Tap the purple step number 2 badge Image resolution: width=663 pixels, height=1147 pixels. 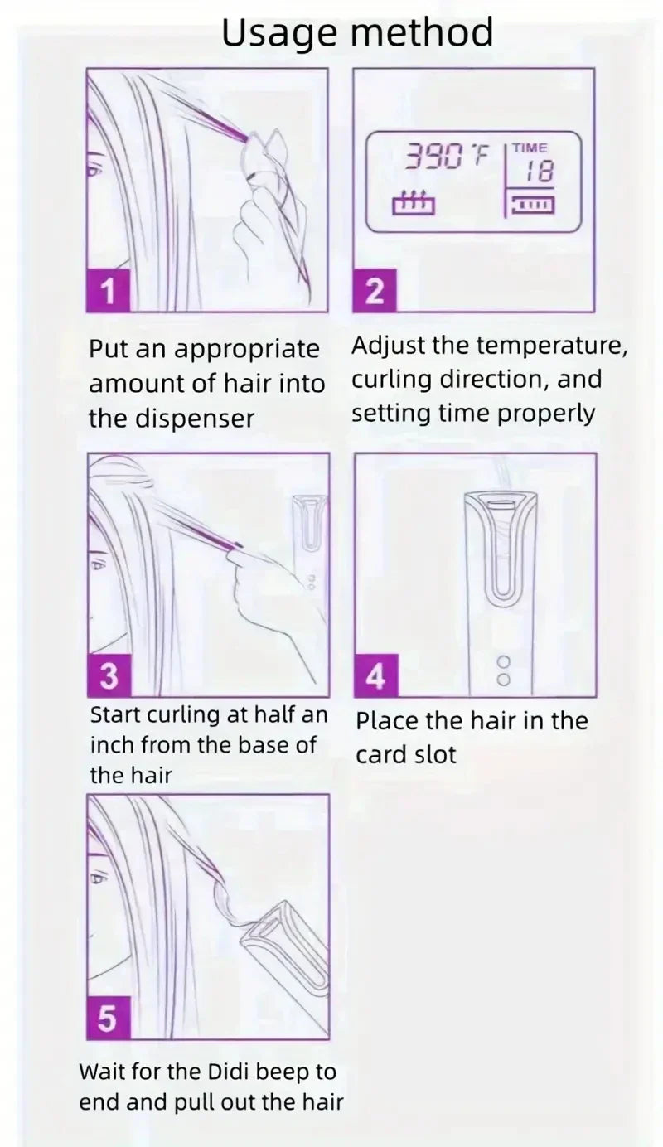pyautogui.click(x=375, y=293)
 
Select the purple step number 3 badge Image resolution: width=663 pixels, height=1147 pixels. pyautogui.click(x=109, y=676)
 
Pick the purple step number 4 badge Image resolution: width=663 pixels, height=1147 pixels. pyautogui.click(x=375, y=676)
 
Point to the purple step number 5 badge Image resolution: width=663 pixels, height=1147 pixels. pyautogui.click(x=108, y=1019)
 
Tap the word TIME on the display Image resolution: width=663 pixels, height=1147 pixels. pyautogui.click(x=530, y=148)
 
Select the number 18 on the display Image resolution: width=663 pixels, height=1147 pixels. pyautogui.click(x=540, y=172)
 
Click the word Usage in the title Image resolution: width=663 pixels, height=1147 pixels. pyautogui.click(x=278, y=33)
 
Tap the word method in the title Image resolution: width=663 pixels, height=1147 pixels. pyautogui.click(x=422, y=33)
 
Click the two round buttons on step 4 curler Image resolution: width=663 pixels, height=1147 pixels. pyautogui.click(x=502, y=670)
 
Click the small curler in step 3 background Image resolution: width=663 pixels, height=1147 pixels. pyautogui.click(x=312, y=530)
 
